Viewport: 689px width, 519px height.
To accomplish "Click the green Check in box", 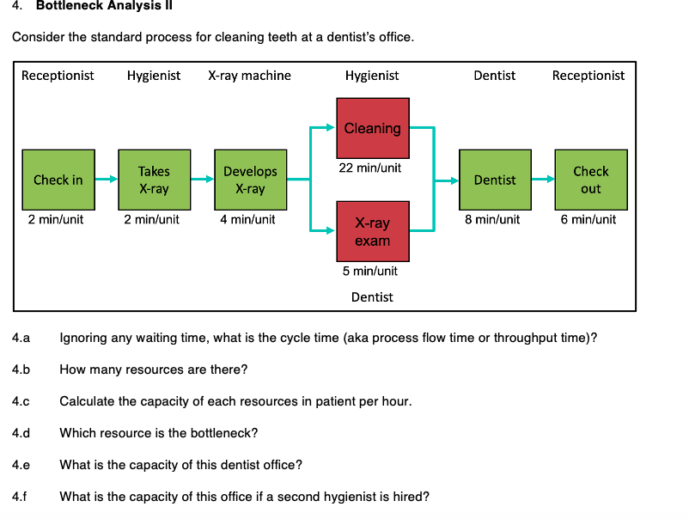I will point(58,180).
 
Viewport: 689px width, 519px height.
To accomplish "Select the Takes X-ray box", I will point(154,180).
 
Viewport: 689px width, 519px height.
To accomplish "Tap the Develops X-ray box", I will point(250,180).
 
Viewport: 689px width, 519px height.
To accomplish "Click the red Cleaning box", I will point(372,128).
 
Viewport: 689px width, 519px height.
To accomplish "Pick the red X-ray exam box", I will point(372,232).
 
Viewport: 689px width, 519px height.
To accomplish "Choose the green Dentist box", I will point(495,180).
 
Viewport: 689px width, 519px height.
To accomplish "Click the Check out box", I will point(590,180).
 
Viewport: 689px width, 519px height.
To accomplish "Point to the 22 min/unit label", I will point(369,168).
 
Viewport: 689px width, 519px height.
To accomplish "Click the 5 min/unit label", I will point(369,271).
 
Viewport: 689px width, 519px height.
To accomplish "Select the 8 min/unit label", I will point(492,219).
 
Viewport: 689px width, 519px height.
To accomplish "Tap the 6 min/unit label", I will point(588,219).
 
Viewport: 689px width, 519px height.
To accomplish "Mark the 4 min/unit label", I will point(247,219).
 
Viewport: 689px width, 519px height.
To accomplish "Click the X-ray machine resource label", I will point(249,76).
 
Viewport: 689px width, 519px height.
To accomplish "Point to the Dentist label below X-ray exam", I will point(372,297).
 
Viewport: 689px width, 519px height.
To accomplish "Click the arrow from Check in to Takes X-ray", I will point(107,180).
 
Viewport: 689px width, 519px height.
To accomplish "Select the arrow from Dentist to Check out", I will point(542,180).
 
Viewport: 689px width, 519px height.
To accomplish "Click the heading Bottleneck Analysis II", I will point(105,7).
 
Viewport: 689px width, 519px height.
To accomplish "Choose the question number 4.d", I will point(21,433).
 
